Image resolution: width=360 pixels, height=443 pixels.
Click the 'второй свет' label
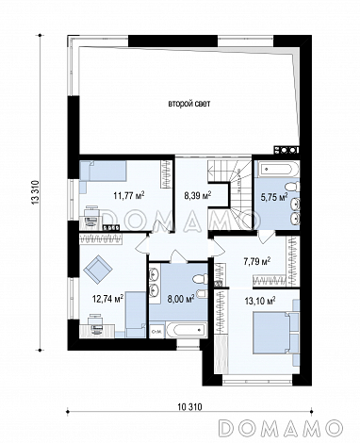point(189,104)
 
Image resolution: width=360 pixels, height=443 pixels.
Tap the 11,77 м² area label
point(129,196)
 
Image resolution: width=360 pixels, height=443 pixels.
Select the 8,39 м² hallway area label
point(197,196)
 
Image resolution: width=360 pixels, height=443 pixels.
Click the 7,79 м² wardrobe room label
point(257,261)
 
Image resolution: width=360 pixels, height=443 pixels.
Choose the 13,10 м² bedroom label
point(260,302)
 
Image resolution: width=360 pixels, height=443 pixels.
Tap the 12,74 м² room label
point(108,298)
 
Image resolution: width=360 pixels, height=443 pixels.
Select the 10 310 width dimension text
point(189,407)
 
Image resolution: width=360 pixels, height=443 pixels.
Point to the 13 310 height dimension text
point(35,192)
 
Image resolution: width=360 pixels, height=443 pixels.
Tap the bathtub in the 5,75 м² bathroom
point(276,170)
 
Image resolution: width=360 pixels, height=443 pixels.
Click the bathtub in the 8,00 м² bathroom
point(186,330)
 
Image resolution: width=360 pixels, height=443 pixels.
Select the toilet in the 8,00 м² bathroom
point(200,279)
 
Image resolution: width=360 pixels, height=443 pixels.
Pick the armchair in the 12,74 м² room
point(98,268)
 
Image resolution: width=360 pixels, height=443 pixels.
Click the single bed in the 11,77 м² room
point(103,172)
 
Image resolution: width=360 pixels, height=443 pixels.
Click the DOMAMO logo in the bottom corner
point(280,428)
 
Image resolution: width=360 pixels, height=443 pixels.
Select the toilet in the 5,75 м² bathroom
point(293,188)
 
